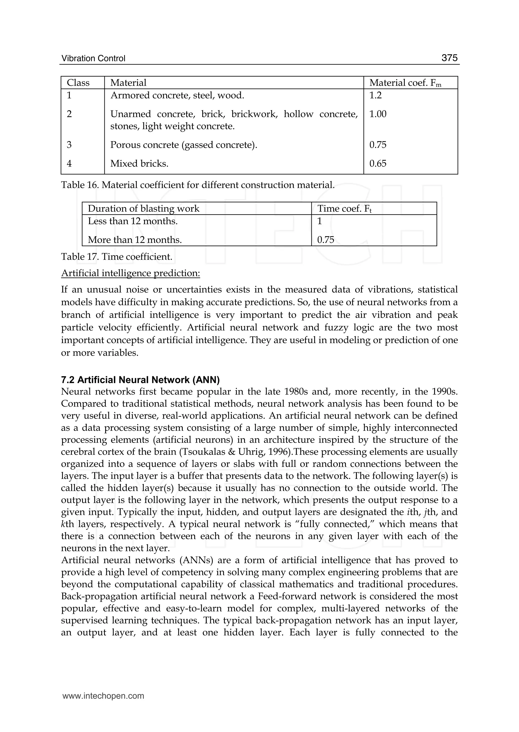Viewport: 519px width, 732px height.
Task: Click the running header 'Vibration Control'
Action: point(93,59)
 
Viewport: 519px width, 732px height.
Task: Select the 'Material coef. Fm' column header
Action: point(405,83)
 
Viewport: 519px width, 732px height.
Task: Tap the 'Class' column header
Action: point(78,83)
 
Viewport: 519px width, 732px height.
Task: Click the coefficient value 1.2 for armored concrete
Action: point(375,95)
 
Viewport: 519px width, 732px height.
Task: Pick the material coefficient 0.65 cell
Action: point(378,164)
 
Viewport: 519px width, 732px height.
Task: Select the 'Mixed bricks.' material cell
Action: point(139,164)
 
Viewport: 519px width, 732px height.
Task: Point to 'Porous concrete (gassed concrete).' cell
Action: point(183,145)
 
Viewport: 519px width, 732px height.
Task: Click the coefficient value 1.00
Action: point(378,114)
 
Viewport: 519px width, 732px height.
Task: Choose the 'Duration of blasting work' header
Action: point(143,209)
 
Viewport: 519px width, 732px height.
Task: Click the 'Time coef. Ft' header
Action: point(344,209)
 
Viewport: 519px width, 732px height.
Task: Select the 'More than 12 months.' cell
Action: point(135,240)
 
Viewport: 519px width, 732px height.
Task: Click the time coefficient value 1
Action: point(319,221)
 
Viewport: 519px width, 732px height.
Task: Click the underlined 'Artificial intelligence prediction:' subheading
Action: point(131,273)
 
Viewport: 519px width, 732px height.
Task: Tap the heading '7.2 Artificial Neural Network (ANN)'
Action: point(140,380)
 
